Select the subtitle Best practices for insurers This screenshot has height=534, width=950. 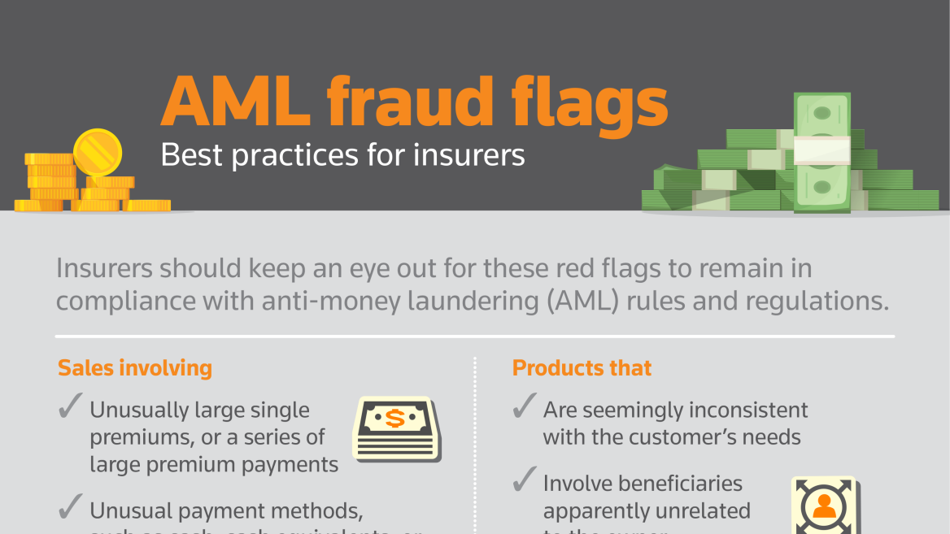click(x=342, y=154)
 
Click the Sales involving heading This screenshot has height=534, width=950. click(x=134, y=368)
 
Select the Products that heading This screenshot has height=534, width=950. click(x=582, y=368)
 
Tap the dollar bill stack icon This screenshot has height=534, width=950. click(x=396, y=429)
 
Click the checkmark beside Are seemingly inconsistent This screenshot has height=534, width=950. click(x=524, y=407)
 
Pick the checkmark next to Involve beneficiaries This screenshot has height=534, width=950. click(x=524, y=480)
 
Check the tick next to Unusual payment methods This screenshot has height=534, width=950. click(x=70, y=509)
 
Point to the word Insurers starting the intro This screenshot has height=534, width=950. click(x=103, y=267)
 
